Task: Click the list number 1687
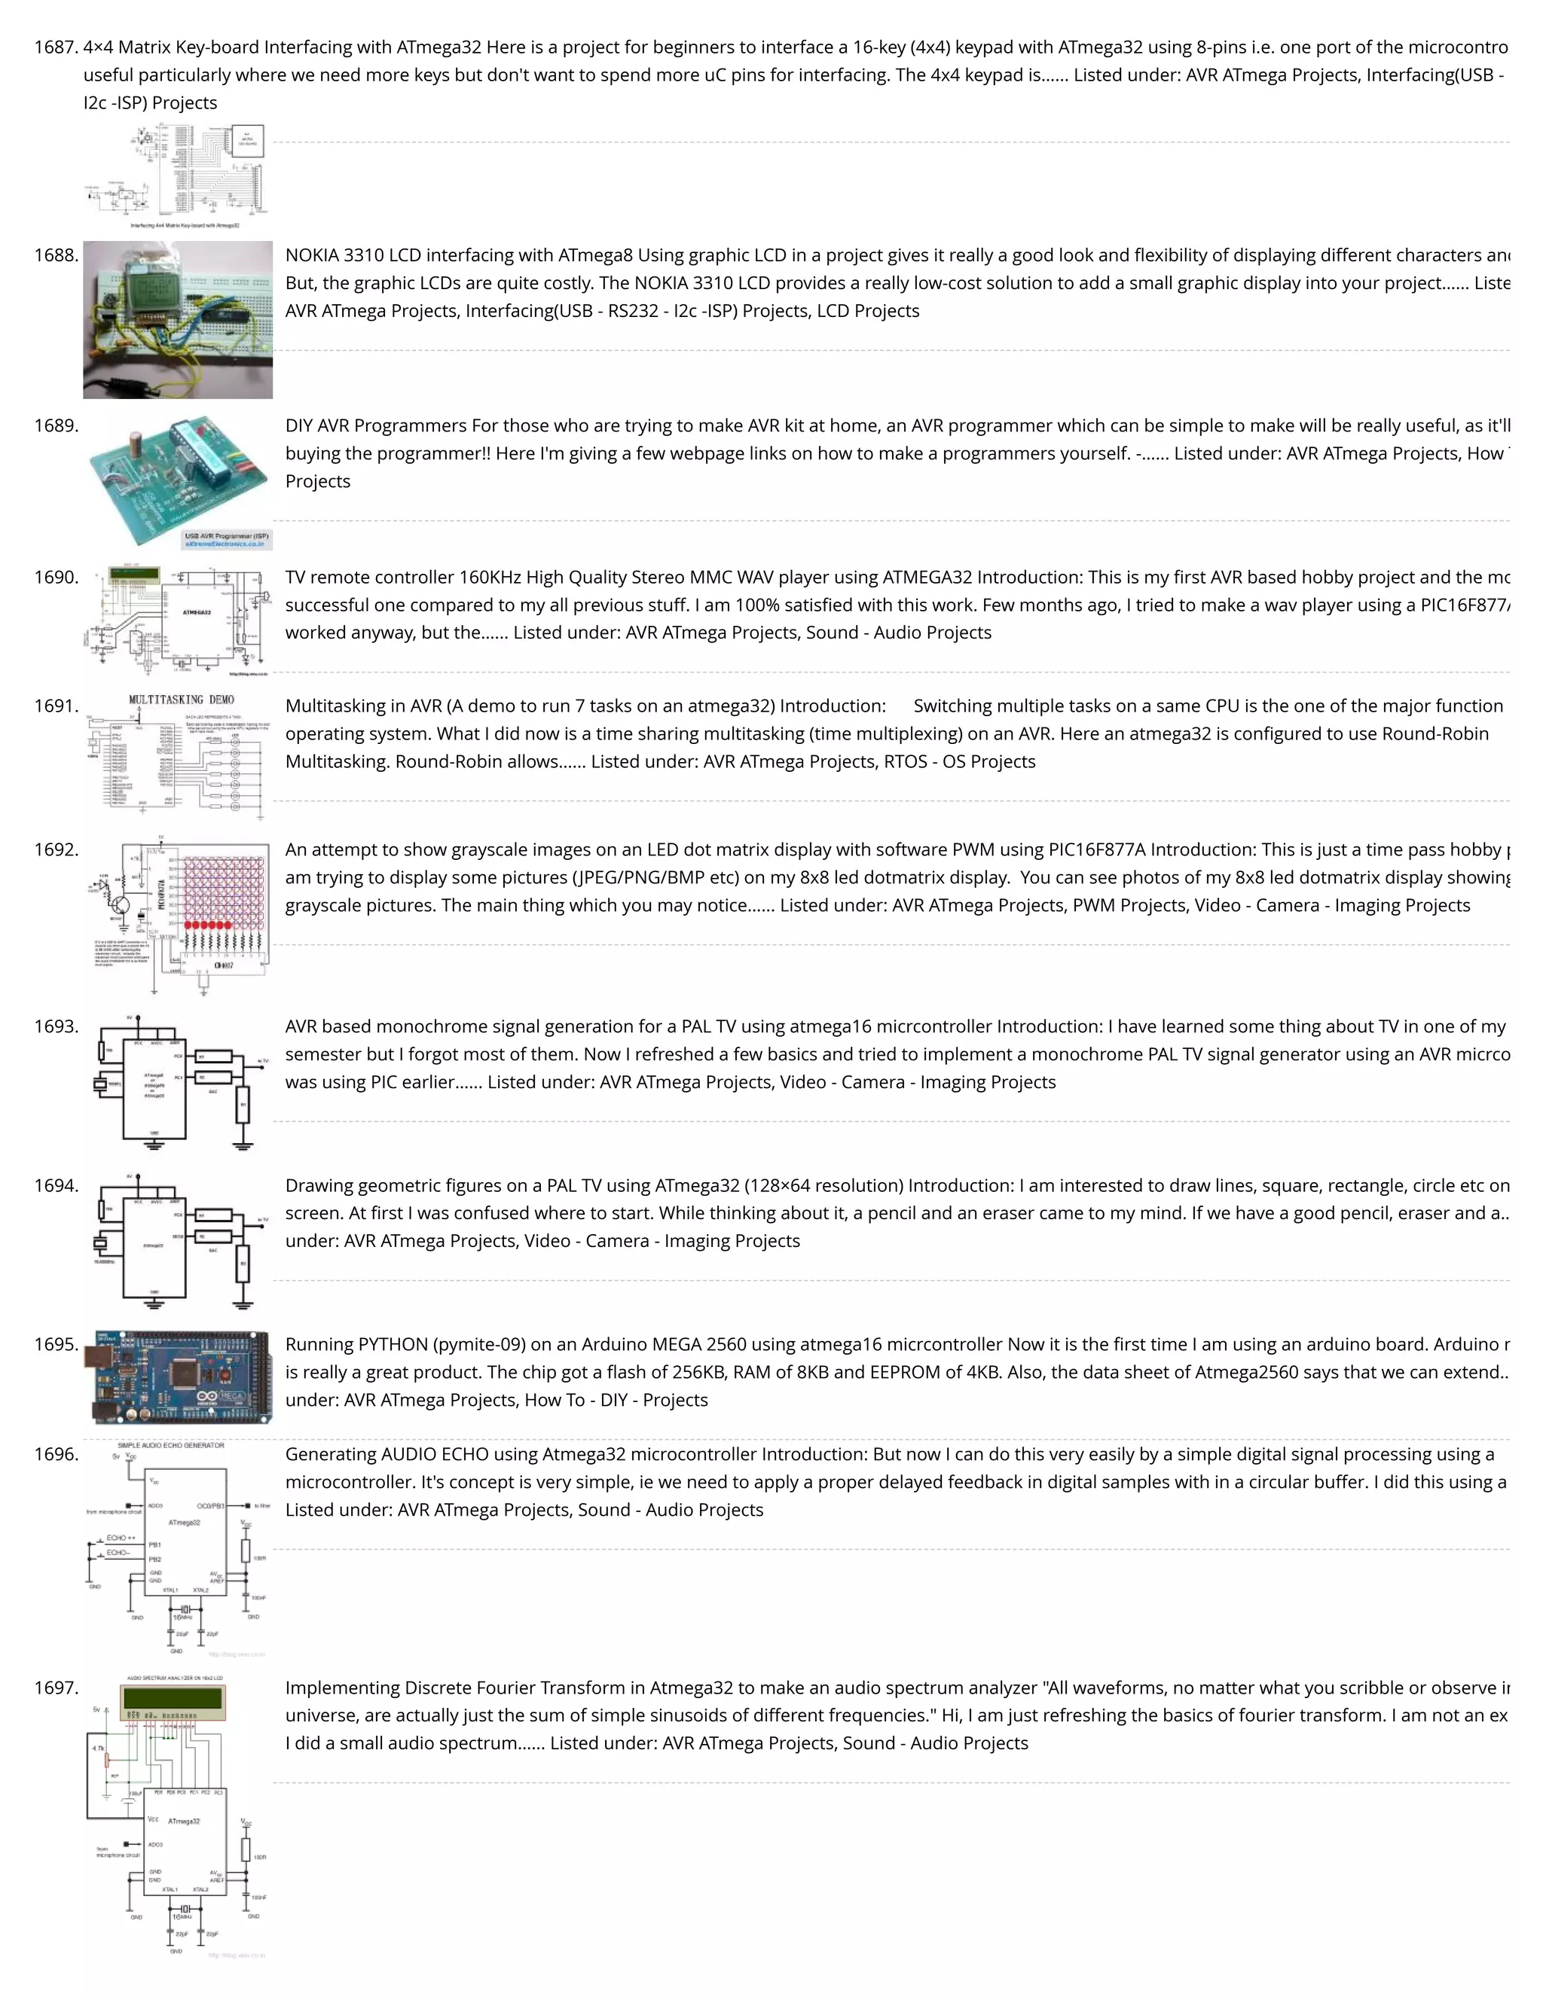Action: click(56, 47)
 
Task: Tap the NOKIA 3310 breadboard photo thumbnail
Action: click(178, 319)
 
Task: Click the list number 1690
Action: click(56, 577)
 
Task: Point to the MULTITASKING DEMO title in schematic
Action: click(181, 700)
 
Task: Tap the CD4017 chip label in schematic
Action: click(223, 965)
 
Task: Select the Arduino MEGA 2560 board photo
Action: click(178, 1378)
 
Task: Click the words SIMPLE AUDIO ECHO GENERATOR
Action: click(171, 1446)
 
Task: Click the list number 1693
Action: click(56, 1026)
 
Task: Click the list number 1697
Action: click(56, 1687)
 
